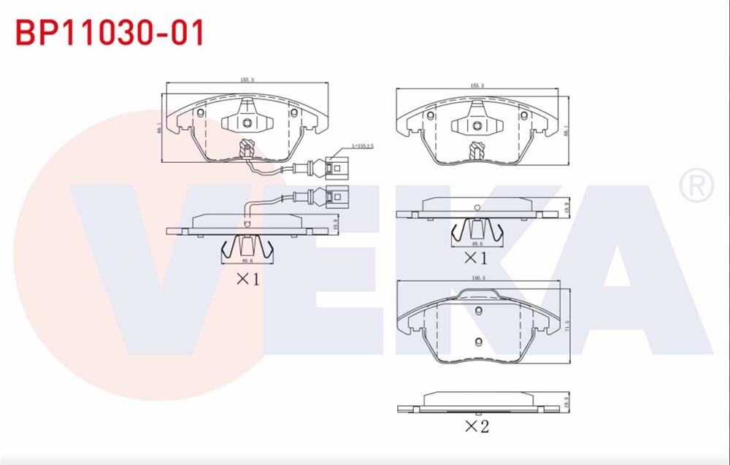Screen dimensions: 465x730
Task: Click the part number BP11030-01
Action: pyautogui.click(x=110, y=33)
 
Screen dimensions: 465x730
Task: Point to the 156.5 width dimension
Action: pyautogui.click(x=480, y=278)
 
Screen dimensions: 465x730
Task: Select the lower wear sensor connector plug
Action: pyautogui.click(x=337, y=196)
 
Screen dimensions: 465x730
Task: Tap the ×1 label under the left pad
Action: pyautogui.click(x=247, y=278)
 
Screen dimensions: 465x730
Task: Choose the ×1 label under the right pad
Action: pyautogui.click(x=475, y=257)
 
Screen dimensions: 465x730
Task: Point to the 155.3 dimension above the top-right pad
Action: pyautogui.click(x=477, y=86)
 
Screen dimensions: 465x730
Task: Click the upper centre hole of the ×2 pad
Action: pyautogui.click(x=479, y=312)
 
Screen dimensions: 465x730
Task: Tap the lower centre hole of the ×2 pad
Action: pyautogui.click(x=478, y=342)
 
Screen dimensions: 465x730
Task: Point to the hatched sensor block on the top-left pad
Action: pyautogui.click(x=247, y=150)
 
